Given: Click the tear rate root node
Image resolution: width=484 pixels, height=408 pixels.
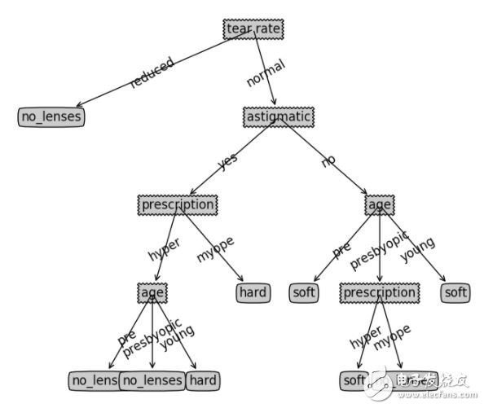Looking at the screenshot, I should (x=253, y=29).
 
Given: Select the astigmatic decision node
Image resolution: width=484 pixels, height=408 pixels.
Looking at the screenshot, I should (x=278, y=117).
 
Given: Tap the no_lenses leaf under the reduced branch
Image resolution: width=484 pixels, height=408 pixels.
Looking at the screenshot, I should (x=51, y=117).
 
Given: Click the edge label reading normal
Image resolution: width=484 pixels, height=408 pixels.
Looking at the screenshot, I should (x=266, y=73).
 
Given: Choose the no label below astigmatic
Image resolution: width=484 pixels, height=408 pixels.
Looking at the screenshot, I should (x=328, y=161).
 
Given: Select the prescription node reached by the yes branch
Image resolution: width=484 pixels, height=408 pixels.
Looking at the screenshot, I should (x=178, y=204).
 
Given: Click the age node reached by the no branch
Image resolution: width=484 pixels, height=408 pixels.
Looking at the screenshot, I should (x=379, y=204).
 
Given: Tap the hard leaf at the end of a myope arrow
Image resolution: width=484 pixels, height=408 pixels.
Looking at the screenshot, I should (x=253, y=292).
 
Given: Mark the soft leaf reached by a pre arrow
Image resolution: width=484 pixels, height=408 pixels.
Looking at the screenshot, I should (x=303, y=292).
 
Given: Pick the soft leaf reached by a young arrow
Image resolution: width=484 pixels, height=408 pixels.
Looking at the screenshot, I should (x=455, y=292).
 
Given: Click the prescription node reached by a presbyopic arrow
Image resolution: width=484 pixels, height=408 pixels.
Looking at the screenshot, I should (x=379, y=292).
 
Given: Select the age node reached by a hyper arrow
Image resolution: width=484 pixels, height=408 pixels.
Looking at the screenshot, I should (x=152, y=292).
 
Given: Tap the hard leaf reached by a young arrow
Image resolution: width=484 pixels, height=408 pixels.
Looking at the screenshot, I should (x=202, y=380).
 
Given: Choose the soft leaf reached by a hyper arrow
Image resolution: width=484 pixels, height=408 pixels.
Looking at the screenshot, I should (x=354, y=380).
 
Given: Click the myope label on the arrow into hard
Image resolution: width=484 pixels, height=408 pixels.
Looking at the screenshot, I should (x=215, y=248).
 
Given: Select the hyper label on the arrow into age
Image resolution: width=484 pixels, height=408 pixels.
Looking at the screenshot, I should (x=165, y=248).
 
